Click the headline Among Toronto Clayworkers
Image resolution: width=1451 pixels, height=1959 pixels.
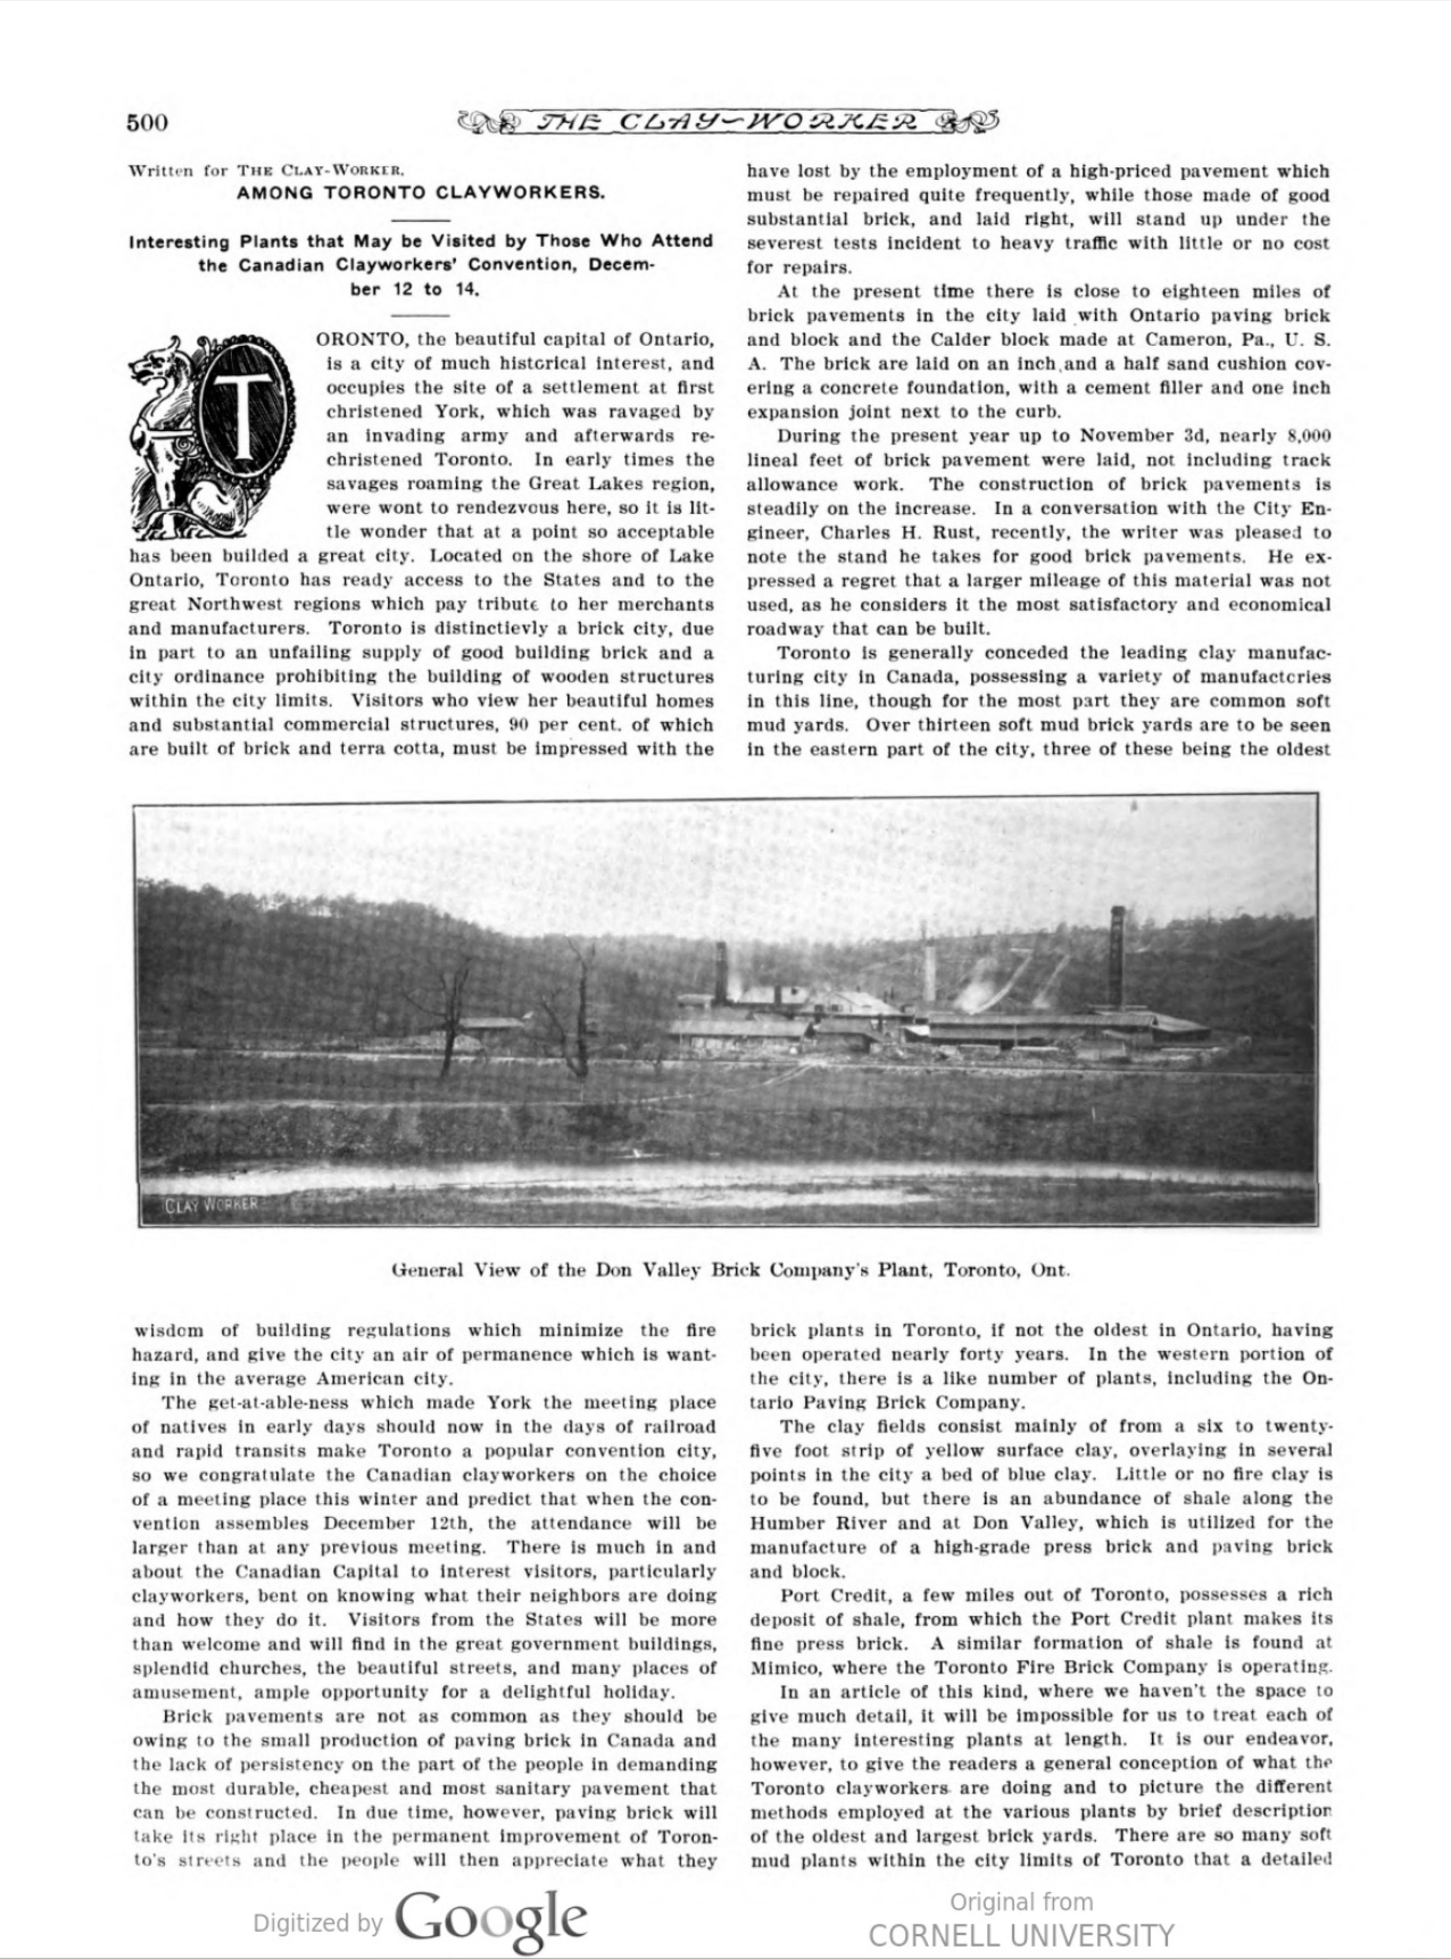(x=421, y=192)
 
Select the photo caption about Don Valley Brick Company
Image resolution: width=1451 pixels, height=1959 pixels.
(x=730, y=1270)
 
